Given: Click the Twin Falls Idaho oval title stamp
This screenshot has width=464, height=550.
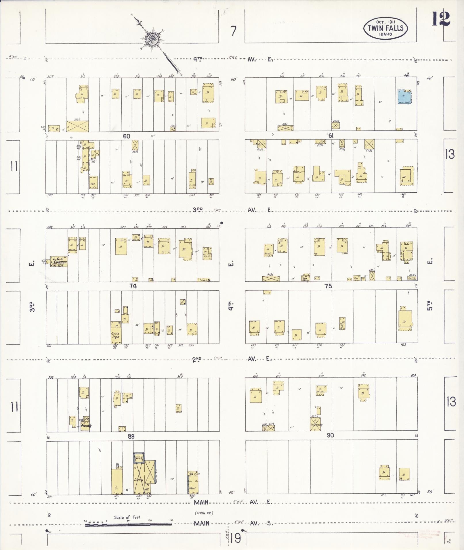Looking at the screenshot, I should coord(385,28).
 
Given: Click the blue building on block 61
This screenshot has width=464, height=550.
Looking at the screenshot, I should coord(404,97).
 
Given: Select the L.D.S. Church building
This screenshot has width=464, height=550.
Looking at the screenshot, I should coord(59,262).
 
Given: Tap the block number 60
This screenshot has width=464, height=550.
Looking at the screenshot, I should coord(127,136).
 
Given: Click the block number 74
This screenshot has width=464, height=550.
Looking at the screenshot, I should coord(133,286).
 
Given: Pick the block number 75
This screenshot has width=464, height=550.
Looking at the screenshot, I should coord(328,286).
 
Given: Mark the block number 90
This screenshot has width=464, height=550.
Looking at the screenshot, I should coord(330,436).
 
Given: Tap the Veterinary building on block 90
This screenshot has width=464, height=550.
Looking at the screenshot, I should coord(316,424).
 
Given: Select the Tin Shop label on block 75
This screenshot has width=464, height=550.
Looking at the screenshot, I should coord(305,278).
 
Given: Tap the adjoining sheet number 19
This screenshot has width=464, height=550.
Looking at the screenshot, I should coord(235,538).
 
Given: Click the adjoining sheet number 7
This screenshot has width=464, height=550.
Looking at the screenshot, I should coord(234,31).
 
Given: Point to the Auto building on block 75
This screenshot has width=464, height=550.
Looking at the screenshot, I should coord(412,278).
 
